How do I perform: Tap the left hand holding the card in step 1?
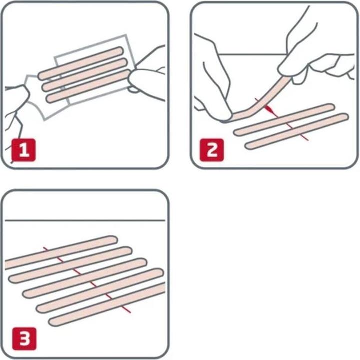[x=17, y=100]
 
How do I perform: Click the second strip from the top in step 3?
[x=70, y=265]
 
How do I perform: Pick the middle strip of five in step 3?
[x=85, y=277]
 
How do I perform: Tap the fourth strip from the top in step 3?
[x=100, y=290]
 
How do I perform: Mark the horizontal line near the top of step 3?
[x=85, y=220]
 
